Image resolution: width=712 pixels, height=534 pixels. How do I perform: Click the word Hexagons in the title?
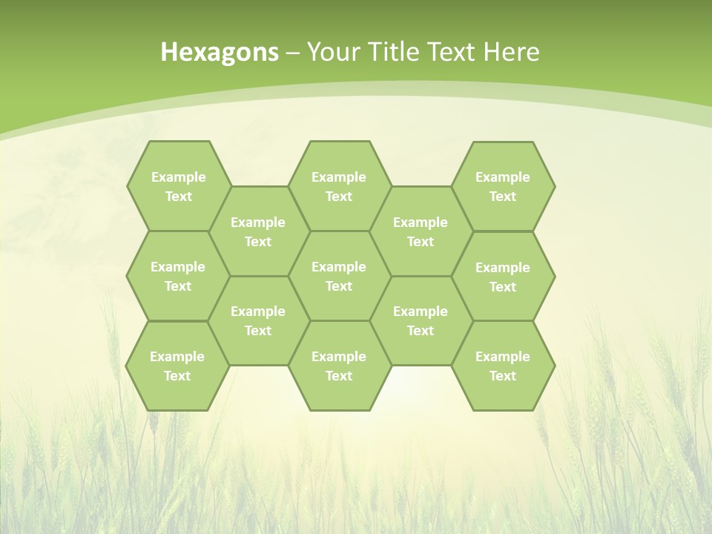220,52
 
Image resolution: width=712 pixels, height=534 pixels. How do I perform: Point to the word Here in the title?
512,52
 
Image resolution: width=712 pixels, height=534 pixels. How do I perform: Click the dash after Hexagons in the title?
293,53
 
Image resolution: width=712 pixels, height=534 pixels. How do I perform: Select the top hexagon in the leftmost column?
178,186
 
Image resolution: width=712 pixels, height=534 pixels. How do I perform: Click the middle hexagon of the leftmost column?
178,276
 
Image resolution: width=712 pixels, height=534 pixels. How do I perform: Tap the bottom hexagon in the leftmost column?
177,366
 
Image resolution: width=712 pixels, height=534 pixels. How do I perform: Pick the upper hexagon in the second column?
258,231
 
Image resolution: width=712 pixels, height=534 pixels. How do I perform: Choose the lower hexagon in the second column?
258,320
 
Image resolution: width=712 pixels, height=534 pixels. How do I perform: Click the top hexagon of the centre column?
339,186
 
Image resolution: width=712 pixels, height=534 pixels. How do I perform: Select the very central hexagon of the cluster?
339,276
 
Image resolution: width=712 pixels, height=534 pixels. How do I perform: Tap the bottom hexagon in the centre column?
339,366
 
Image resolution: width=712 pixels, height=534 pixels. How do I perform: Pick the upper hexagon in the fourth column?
421,231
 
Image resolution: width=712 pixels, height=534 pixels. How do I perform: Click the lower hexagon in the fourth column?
421,320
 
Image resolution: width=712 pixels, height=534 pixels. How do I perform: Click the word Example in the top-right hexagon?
503,177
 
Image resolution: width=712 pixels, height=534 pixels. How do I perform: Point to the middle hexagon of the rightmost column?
503,277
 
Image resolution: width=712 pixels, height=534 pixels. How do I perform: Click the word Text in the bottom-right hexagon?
503,376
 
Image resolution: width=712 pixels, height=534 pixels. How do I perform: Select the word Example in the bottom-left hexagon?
177,357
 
